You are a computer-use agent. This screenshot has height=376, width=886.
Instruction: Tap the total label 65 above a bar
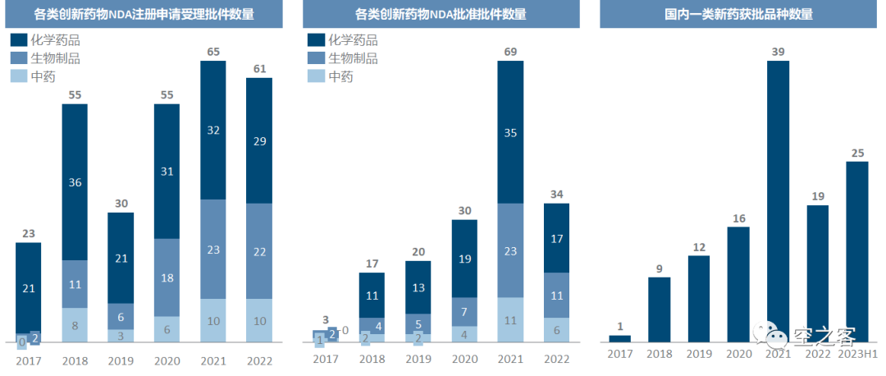tap(212, 52)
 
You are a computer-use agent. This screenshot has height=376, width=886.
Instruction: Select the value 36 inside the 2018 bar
tap(75, 182)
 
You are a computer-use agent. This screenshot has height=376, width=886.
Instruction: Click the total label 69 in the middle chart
tap(510, 52)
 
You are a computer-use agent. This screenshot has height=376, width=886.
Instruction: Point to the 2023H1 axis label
tap(858, 353)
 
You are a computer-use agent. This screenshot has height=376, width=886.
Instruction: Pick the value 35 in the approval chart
tap(510, 132)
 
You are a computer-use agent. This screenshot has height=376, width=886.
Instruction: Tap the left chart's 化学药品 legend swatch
tap(18, 39)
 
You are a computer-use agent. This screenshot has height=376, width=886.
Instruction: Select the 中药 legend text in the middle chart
tap(340, 76)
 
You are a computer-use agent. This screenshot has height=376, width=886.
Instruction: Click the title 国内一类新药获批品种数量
tap(738, 14)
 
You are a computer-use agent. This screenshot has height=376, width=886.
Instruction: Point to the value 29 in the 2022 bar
tap(258, 141)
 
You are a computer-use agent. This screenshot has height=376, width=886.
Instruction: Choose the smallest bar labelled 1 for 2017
tap(620, 337)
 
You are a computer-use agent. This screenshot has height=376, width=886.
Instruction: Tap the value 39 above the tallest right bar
tap(779, 52)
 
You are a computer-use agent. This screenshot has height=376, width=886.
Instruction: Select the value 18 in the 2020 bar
tap(167, 277)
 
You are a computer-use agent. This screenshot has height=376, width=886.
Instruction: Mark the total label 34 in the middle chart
tap(556, 195)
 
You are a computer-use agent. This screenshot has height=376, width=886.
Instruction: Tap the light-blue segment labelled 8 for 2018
tap(75, 325)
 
